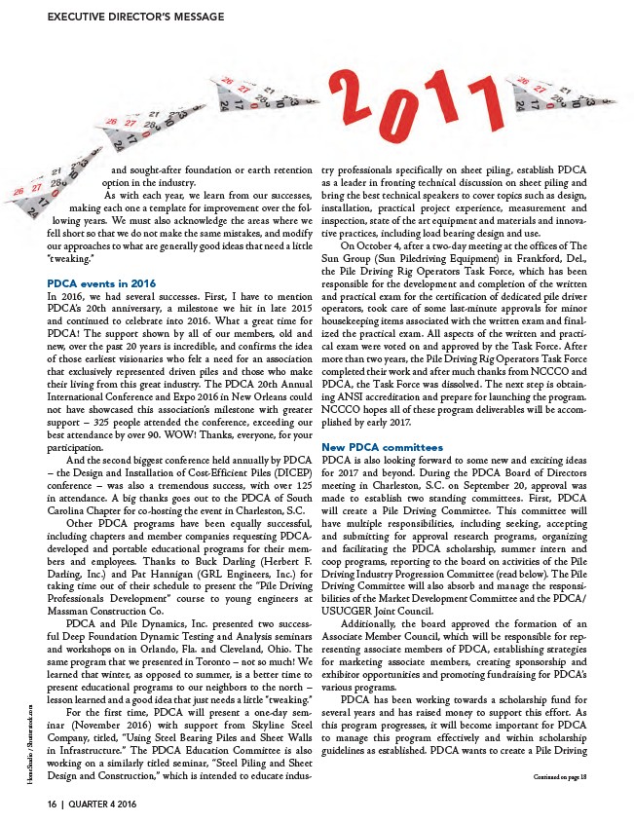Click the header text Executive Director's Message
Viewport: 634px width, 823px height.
pos(135,17)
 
